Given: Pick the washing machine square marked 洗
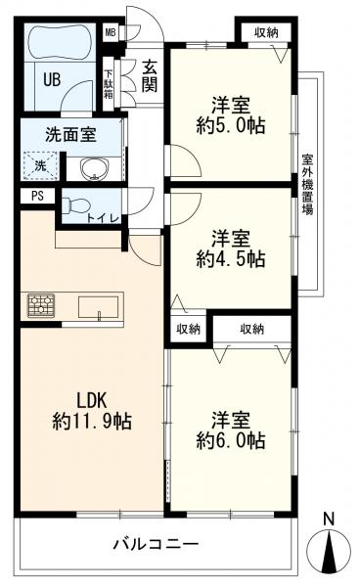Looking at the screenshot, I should [x=40, y=166].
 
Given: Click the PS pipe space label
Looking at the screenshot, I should [x=37, y=196].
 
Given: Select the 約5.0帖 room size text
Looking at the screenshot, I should [x=230, y=124].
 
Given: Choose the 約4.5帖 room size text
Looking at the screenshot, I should [x=230, y=259].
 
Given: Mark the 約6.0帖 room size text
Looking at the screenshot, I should [x=230, y=441].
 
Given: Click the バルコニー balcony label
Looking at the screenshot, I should [x=155, y=543].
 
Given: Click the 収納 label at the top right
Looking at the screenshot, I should [x=265, y=33].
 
